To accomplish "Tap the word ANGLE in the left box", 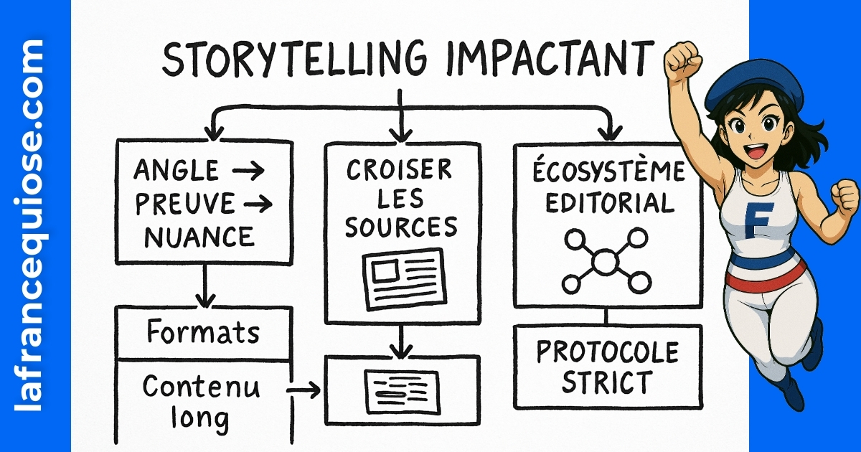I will tap(176, 171).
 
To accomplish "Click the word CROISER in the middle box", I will tap(399, 170).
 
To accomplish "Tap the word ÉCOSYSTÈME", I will tap(608, 173).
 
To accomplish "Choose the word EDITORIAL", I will tap(609, 203).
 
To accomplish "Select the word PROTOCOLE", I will tap(607, 353).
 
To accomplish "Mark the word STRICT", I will tap(607, 383).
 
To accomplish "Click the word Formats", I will tap(203, 333).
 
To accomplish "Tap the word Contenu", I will tap(201, 387).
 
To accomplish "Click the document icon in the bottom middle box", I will tap(402, 388).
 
